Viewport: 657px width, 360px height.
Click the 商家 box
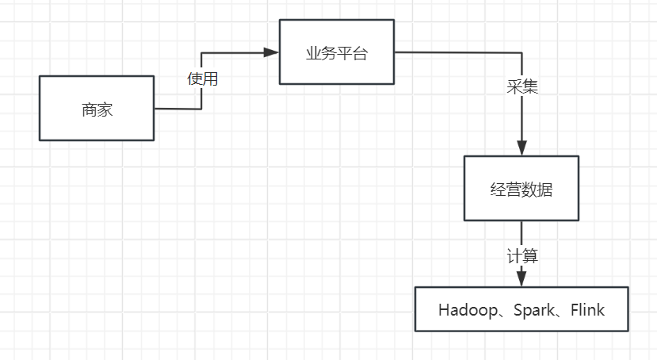pyautogui.click(x=97, y=109)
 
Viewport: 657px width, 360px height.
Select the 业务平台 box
pyautogui.click(x=337, y=52)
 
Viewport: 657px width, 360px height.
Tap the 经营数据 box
pyautogui.click(x=521, y=189)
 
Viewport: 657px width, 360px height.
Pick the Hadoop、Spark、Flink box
pyautogui.click(x=521, y=309)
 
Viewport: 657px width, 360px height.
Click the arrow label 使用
pyautogui.click(x=202, y=79)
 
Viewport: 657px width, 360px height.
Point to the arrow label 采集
pyautogui.click(x=522, y=86)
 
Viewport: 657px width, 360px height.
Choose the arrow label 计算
pyautogui.click(x=522, y=256)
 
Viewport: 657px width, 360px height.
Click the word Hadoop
pyautogui.click(x=464, y=310)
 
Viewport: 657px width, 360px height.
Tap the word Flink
pyautogui.click(x=586, y=310)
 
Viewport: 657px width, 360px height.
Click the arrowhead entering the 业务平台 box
pyautogui.click(x=272, y=52)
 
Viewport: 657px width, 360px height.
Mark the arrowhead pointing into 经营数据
pyautogui.click(x=521, y=147)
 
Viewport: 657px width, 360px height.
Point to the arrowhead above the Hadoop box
pyautogui.click(x=521, y=278)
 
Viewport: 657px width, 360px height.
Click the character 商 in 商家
pyautogui.click(x=89, y=109)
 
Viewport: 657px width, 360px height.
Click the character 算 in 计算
pyautogui.click(x=530, y=256)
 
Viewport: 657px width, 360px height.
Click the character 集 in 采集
pyautogui.click(x=530, y=86)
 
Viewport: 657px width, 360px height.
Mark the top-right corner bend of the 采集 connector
pyautogui.click(x=521, y=52)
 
